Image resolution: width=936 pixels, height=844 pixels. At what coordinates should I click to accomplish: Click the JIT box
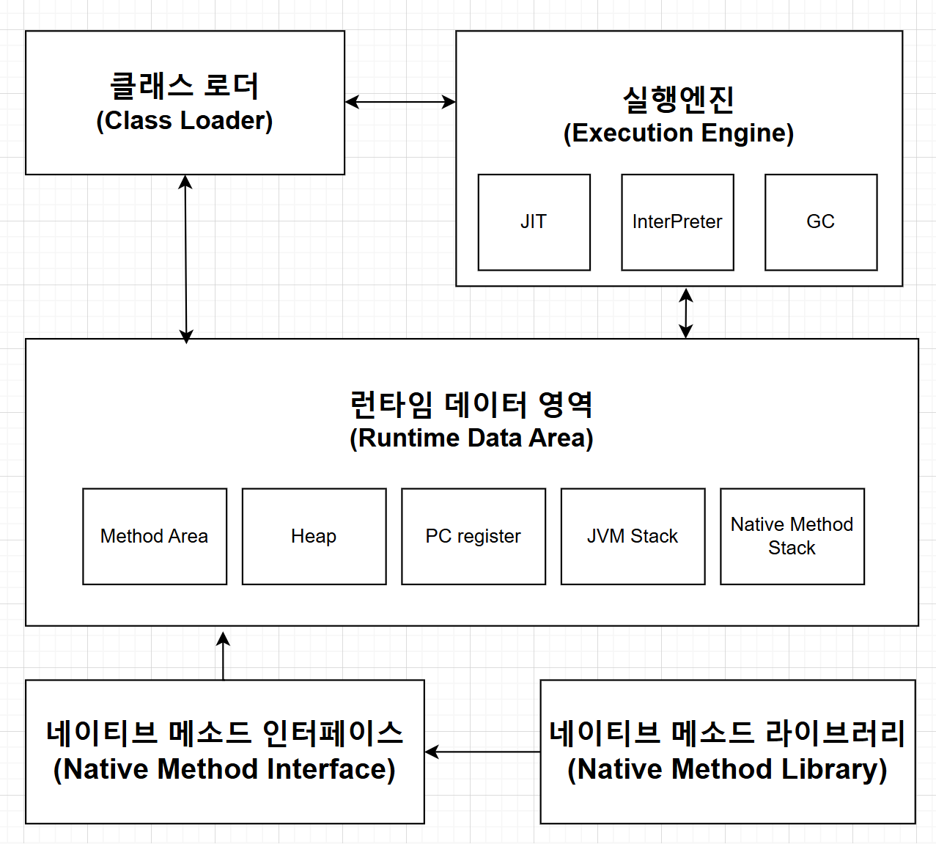pyautogui.click(x=534, y=222)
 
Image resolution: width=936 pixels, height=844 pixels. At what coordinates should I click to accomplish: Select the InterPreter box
pyautogui.click(x=677, y=222)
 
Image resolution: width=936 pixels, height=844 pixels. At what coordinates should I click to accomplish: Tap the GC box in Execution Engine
pyautogui.click(x=821, y=222)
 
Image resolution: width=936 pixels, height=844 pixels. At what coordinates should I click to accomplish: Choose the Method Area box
pyautogui.click(x=155, y=536)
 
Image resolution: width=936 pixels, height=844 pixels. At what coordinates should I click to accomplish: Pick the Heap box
pyautogui.click(x=314, y=536)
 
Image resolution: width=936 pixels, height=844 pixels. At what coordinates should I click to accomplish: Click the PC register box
pyautogui.click(x=473, y=536)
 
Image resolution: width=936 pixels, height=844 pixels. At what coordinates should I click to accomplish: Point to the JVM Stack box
pyautogui.click(x=633, y=536)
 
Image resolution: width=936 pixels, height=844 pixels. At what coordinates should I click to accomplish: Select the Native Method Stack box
pyautogui.click(x=792, y=536)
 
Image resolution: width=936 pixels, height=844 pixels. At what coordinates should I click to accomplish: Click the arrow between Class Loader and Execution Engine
pyautogui.click(x=400, y=102)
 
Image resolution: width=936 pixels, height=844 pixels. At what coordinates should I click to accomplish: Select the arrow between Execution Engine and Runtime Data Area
pyautogui.click(x=686, y=313)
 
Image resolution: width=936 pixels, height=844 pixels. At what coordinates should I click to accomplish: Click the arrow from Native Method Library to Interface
pyautogui.click(x=482, y=752)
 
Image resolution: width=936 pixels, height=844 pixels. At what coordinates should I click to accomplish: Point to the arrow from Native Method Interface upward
pyautogui.click(x=224, y=655)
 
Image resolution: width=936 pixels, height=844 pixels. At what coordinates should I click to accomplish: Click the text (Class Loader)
pyautogui.click(x=185, y=121)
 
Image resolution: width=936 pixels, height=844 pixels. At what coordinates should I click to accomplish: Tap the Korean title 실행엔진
pyautogui.click(x=679, y=99)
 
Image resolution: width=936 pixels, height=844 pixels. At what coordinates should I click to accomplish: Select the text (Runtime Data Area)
pyautogui.click(x=471, y=438)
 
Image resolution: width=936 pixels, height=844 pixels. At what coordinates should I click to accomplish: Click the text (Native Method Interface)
pyautogui.click(x=224, y=769)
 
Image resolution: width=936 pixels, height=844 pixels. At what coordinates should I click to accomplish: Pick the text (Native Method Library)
pyautogui.click(x=727, y=769)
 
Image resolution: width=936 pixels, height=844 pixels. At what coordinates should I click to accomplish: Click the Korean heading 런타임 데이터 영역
pyautogui.click(x=471, y=404)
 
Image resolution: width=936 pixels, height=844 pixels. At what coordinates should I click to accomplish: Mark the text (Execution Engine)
pyautogui.click(x=679, y=133)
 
